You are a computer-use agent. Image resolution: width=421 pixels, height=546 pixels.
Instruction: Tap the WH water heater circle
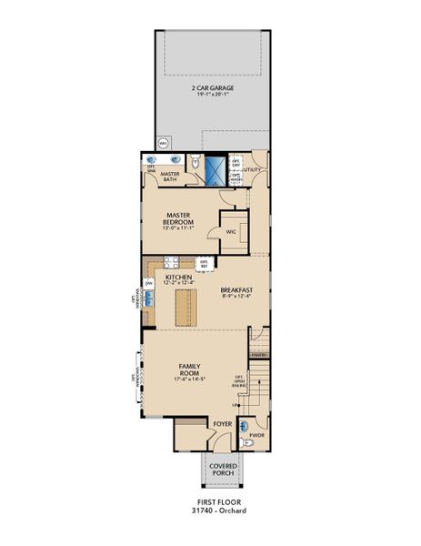coord(164,143)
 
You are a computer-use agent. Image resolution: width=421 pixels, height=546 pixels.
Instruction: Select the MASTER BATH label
coord(170,176)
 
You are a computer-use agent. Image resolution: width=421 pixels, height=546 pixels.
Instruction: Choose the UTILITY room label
coord(252,169)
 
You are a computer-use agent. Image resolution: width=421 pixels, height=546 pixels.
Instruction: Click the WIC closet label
coord(231,232)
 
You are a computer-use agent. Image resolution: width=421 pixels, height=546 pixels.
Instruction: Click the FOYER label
coord(221,424)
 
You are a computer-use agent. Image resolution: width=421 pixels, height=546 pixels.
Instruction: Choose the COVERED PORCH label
coord(222,470)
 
